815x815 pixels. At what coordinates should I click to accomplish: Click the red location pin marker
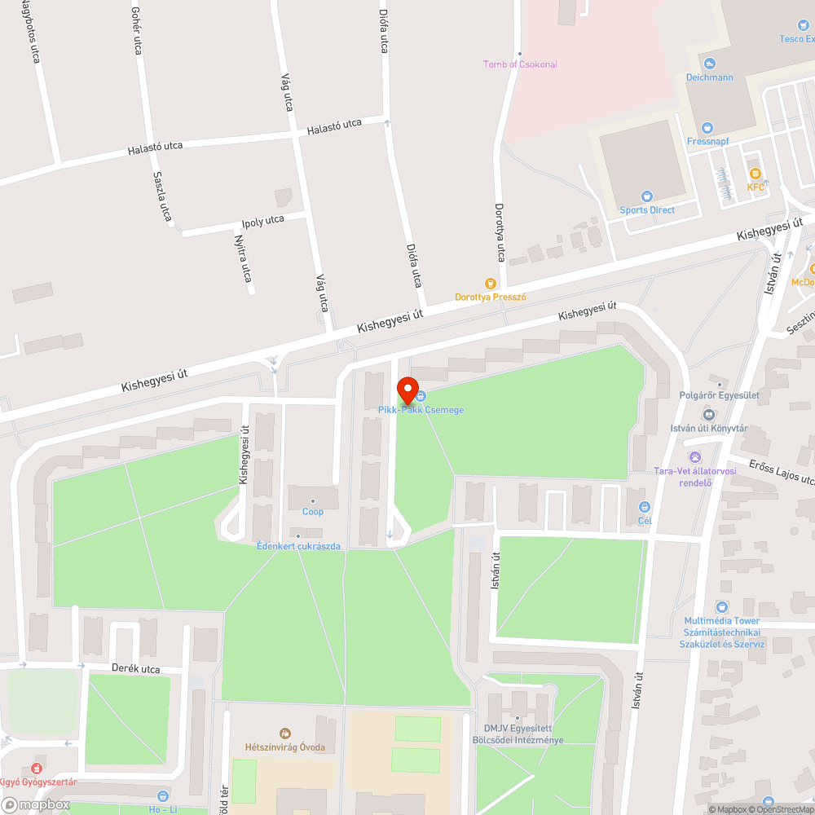point(407,390)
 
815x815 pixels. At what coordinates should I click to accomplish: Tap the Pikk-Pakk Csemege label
point(421,410)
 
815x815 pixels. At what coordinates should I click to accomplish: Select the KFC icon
point(756,173)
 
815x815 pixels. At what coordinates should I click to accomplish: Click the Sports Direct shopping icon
point(647,196)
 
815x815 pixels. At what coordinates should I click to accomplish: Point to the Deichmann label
point(709,77)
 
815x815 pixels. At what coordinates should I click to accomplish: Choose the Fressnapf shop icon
point(706,128)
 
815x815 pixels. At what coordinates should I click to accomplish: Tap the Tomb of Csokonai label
point(520,64)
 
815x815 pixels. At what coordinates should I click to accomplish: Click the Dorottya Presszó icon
point(491,283)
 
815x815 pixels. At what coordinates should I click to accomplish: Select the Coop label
point(313,512)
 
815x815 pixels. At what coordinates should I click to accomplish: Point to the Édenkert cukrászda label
point(298,546)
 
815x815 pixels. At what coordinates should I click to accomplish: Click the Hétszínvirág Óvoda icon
point(284,733)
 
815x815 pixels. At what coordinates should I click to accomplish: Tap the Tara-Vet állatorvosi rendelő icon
point(695,457)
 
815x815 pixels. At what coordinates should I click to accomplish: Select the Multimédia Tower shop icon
point(721,606)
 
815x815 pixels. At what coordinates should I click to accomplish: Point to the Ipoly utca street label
point(262,221)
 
